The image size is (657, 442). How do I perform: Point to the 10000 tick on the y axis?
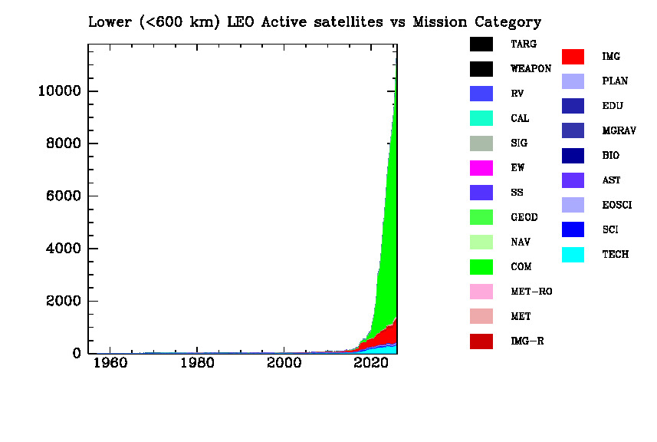[90, 91]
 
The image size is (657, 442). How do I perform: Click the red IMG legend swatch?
[573, 57]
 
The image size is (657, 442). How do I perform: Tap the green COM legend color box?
[481, 267]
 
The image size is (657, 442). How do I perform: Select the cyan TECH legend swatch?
[573, 255]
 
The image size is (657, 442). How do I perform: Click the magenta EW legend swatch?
[481, 168]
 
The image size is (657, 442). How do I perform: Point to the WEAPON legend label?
[531, 69]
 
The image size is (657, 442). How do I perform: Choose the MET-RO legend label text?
[531, 292]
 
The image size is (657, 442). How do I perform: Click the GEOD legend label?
[524, 217]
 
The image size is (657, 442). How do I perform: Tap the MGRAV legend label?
[619, 131]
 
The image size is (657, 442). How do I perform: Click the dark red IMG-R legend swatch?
[481, 341]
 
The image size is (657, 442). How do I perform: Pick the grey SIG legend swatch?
[481, 143]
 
